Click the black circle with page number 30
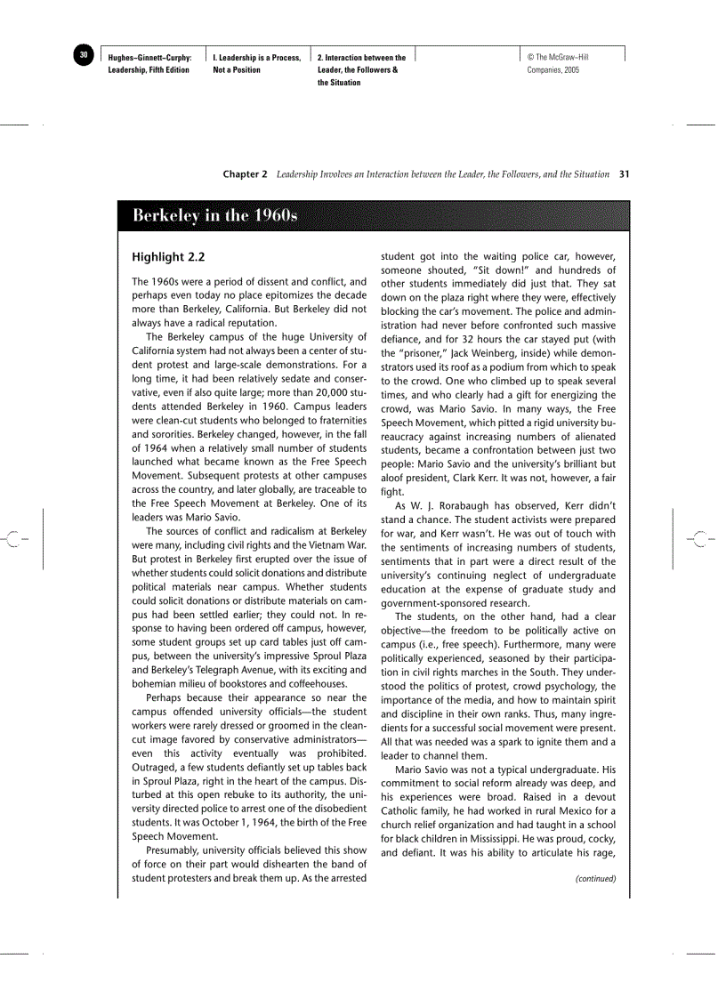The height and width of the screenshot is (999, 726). [84, 56]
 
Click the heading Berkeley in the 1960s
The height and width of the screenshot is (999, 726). [214, 216]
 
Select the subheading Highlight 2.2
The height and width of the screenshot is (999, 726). [168, 257]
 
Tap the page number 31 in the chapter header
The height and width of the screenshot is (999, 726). [624, 174]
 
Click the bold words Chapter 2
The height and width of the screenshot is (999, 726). [245, 174]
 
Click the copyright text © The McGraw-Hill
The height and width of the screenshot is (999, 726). [558, 58]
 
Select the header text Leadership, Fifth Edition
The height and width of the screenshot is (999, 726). [149, 70]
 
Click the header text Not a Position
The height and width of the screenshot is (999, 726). [237, 70]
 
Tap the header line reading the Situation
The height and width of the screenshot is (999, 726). [339, 83]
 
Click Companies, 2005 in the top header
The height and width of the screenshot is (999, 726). [553, 70]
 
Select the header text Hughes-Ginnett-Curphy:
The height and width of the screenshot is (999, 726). [149, 58]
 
